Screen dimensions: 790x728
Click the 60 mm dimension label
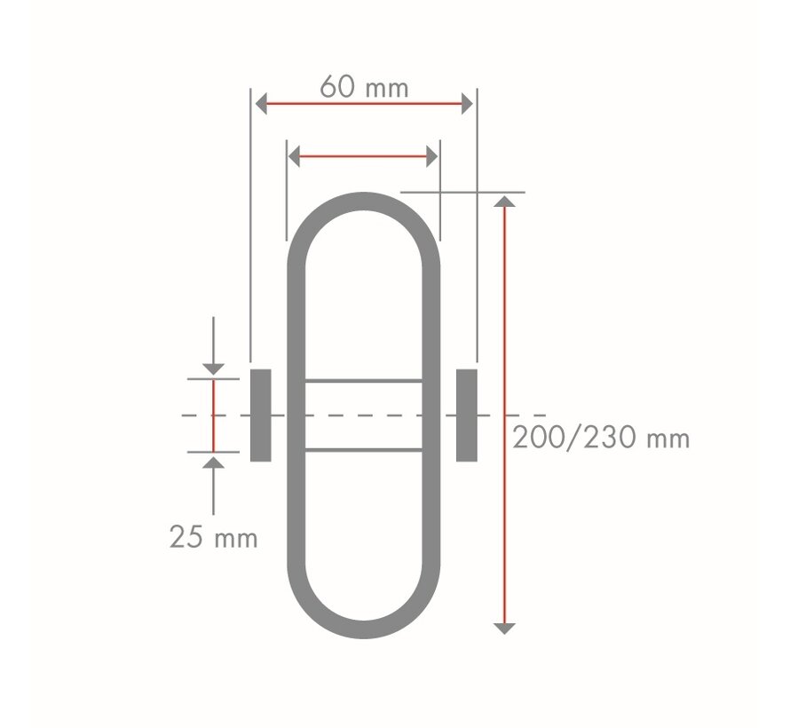[364, 87]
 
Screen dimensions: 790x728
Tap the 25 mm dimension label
[214, 537]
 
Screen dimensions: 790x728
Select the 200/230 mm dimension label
[601, 438]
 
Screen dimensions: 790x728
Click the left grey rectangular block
[260, 415]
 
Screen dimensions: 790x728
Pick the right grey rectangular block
[467, 415]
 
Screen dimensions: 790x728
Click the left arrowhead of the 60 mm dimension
[261, 104]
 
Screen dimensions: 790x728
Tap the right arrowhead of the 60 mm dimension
[467, 104]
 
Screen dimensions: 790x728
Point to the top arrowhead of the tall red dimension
[504, 202]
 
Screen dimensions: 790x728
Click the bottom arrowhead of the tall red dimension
[504, 629]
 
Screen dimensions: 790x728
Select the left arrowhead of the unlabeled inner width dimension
[294, 156]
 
